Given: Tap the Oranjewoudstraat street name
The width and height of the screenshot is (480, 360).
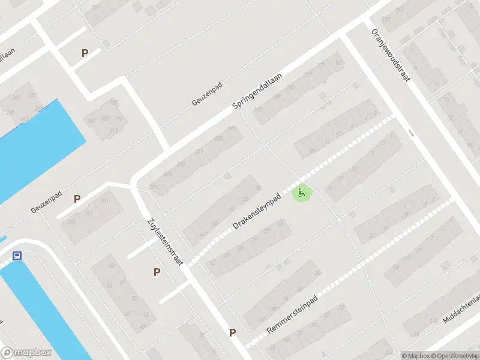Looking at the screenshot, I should [390, 56].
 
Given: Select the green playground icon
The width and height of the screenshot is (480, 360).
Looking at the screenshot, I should [302, 193].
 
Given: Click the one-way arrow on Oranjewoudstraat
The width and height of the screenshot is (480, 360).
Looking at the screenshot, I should [411, 133].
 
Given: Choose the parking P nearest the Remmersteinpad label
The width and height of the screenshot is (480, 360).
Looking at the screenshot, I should [232, 332].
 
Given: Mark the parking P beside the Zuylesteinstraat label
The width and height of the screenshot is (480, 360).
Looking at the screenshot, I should [157, 272].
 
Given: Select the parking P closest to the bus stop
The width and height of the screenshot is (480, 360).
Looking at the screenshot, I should [77, 199].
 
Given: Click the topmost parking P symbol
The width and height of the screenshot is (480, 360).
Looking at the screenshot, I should [85, 53].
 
